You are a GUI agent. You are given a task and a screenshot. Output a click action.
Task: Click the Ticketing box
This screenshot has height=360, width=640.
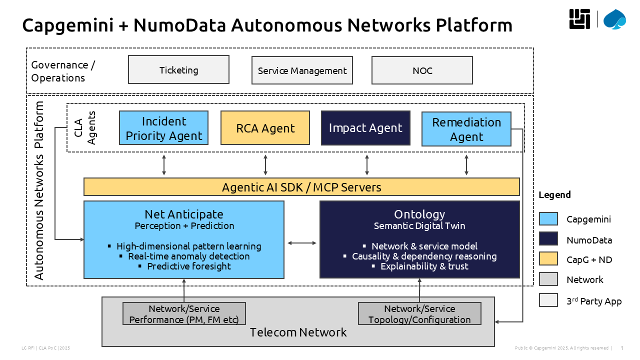pos(178,69)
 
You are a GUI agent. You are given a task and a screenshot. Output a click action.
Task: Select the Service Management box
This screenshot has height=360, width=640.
pos(302,70)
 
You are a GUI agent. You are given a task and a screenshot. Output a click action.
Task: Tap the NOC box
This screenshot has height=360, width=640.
pos(422,70)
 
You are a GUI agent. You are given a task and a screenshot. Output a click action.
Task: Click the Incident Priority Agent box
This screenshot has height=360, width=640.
pos(163,128)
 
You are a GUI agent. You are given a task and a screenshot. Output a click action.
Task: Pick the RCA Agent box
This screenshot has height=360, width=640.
pos(265,128)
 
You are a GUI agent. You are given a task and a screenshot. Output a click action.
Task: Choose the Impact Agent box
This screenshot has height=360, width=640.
pos(365,128)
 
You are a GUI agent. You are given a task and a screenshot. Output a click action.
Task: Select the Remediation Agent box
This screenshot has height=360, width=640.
pos(466,129)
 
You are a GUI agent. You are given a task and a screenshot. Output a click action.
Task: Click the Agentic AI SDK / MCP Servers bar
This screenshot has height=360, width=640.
pos(301,187)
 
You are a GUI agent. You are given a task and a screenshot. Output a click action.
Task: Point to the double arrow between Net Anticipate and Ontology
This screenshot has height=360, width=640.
pos(302,243)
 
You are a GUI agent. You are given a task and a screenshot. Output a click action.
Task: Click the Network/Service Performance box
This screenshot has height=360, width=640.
pos(184,313)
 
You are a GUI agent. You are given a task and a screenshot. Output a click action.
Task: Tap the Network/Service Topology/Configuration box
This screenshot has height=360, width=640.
pos(419,313)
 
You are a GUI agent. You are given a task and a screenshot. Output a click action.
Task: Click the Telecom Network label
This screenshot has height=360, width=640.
pos(298,332)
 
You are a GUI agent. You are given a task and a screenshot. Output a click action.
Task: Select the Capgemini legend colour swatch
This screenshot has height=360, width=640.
pos(548,219)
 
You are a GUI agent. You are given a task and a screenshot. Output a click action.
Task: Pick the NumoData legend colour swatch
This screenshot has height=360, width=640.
pos(548,239)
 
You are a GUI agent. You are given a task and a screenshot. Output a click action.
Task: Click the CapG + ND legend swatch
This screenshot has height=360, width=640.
pos(548,259)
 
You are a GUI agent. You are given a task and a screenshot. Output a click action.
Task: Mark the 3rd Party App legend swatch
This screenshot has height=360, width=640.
pos(548,300)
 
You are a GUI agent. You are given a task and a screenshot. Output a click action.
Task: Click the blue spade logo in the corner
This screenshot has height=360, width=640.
pos(614,19)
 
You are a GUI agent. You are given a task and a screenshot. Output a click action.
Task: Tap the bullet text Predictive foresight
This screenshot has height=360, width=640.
pos(189,266)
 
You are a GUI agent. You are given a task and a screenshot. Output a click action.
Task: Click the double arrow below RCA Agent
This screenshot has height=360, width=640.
pos(265,165)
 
